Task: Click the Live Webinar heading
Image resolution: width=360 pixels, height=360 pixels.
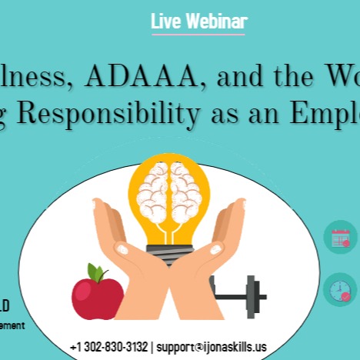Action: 198,21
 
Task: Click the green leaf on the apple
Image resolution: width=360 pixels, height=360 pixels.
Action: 95,272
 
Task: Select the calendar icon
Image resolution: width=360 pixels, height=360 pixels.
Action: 340,238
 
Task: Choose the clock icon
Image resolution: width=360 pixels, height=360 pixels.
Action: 340,289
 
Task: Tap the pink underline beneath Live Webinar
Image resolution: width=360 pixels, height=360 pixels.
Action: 198,35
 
